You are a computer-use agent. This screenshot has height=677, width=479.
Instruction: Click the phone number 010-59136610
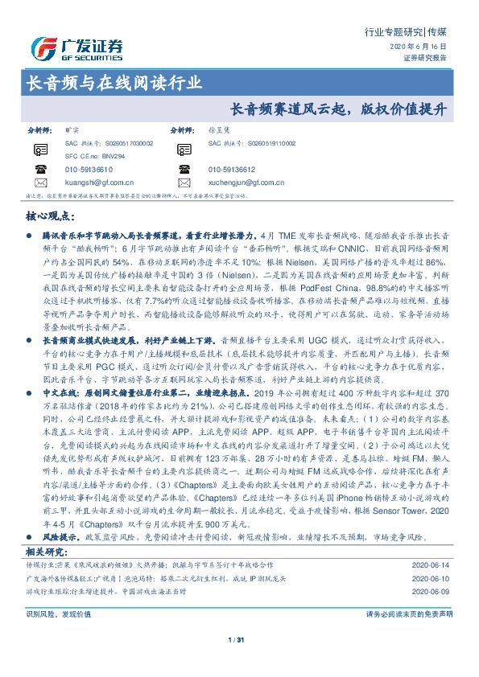[x=90, y=170]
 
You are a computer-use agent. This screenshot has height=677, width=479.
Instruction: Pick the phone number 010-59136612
[x=232, y=170]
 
